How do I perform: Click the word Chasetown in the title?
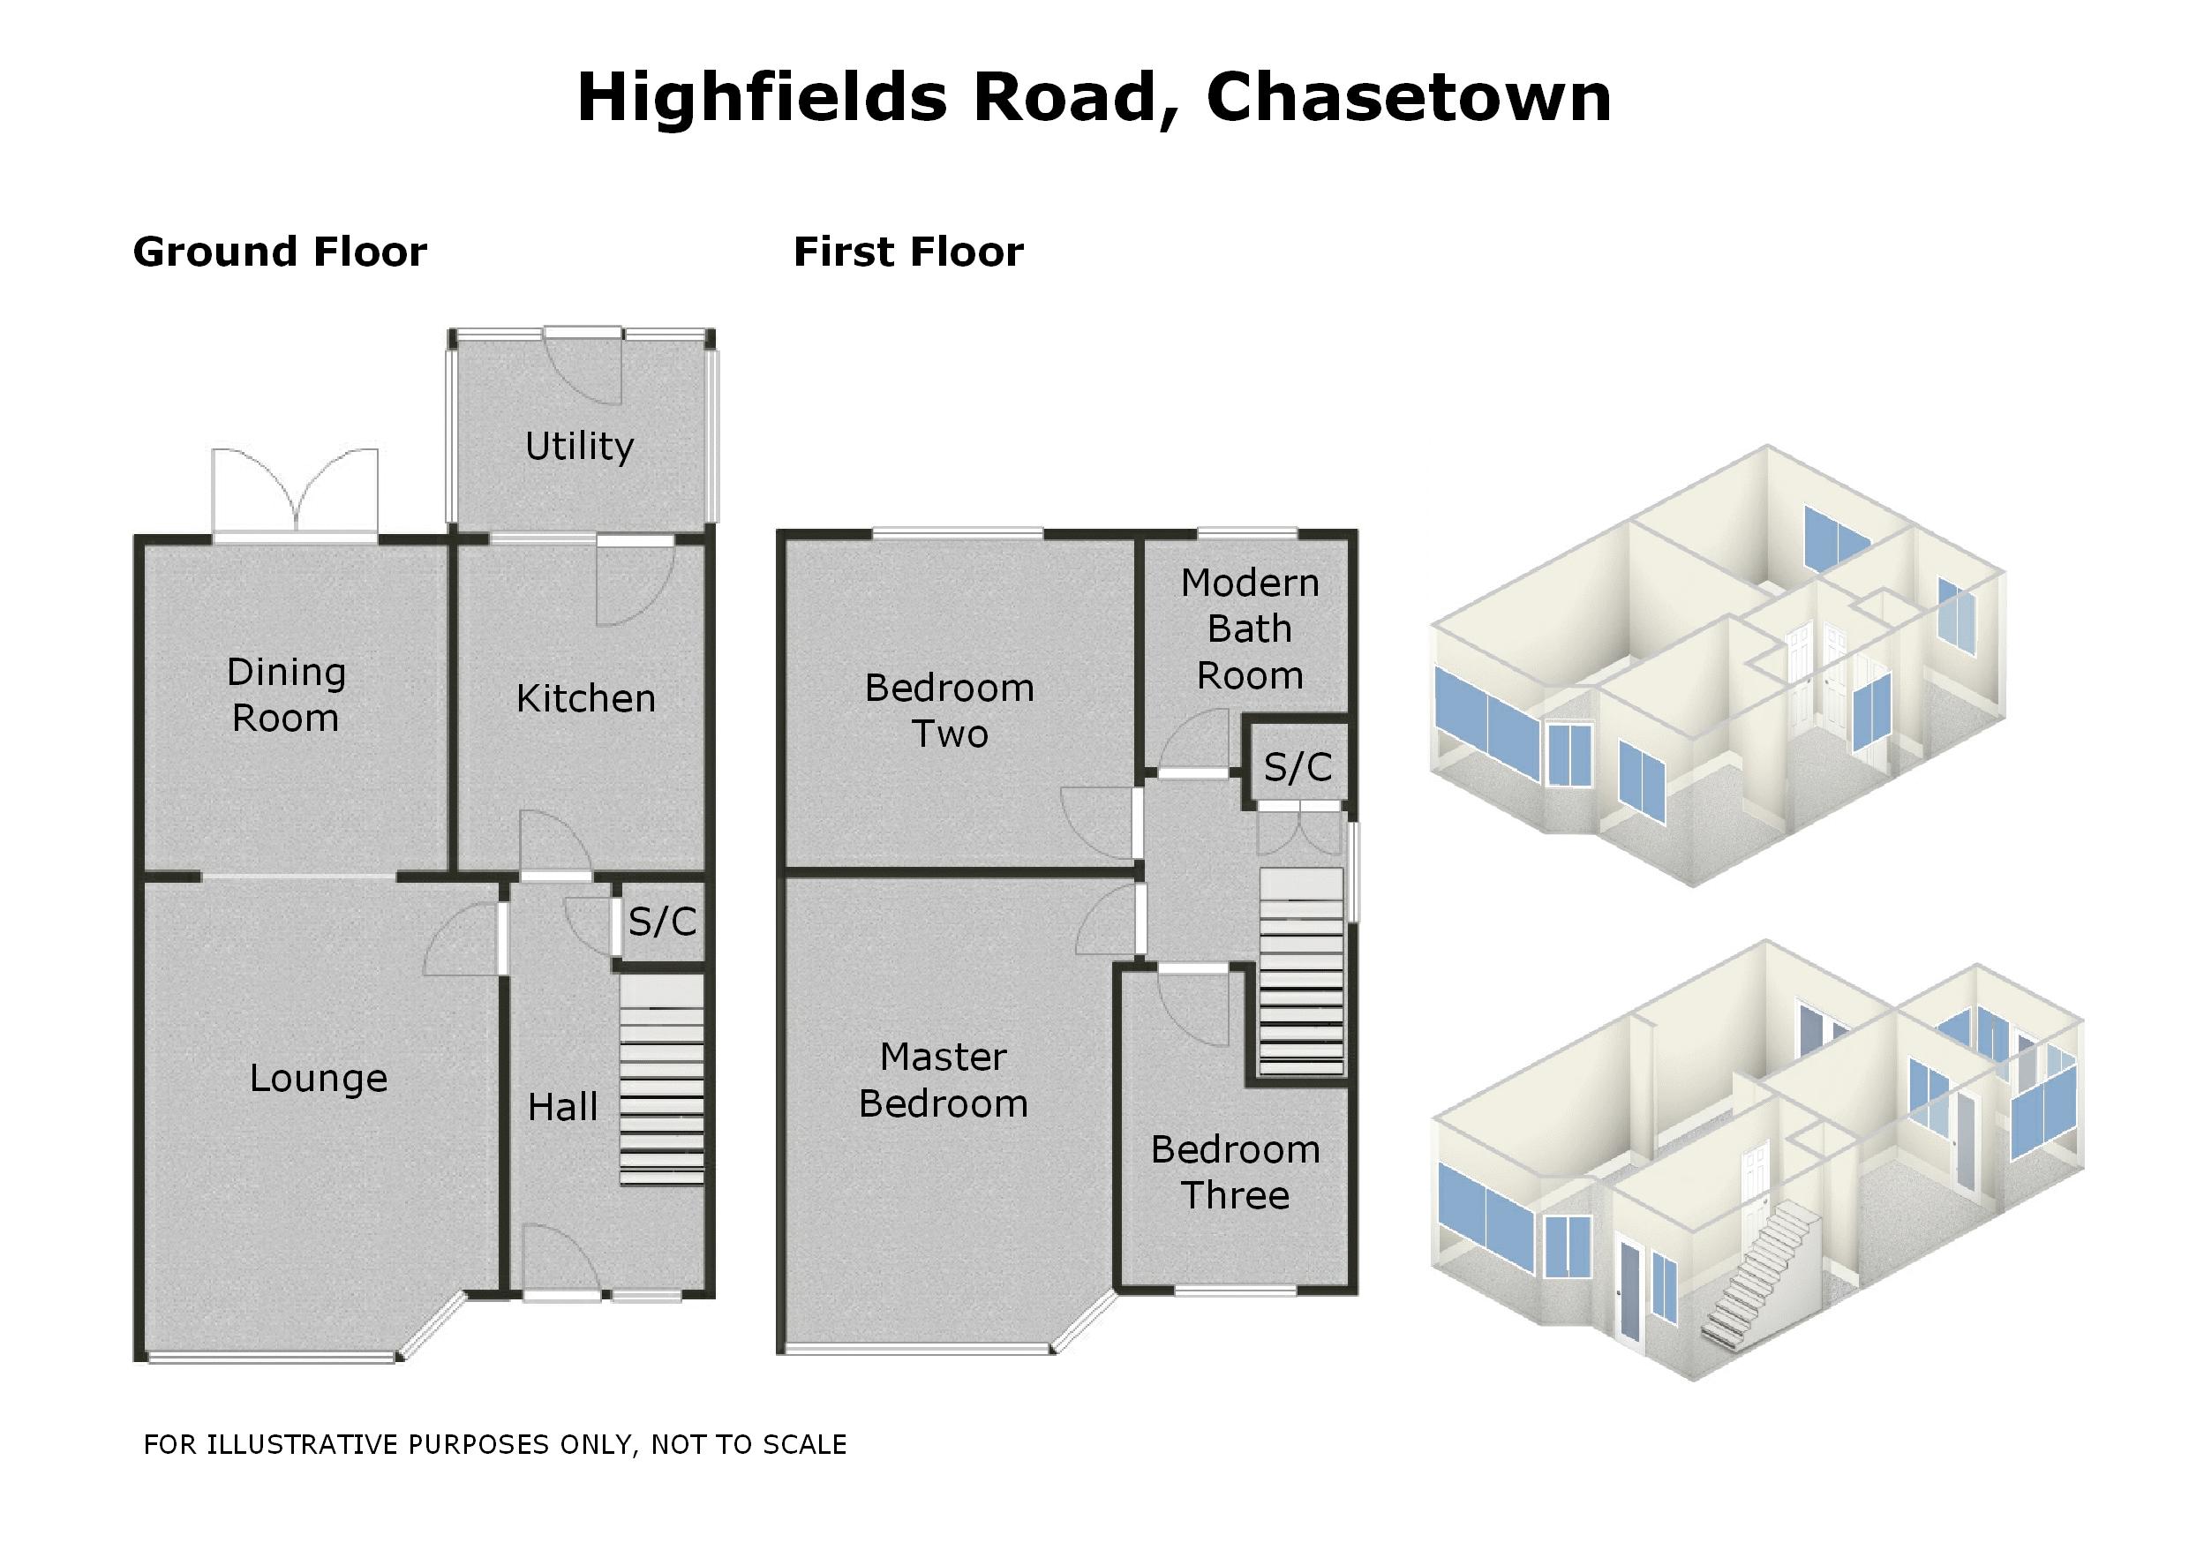coord(1408,98)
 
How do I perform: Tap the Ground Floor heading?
coord(279,252)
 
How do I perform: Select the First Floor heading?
coord(907,252)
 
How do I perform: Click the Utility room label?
coord(580,447)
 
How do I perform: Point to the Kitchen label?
coord(585,699)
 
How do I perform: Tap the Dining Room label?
coord(286,696)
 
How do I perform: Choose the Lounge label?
coord(319,1079)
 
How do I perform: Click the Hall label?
coord(562,1107)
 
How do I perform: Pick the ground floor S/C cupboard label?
coord(662,922)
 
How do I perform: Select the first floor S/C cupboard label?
coord(1297,768)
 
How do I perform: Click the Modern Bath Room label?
coord(1249,629)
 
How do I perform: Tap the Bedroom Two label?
coord(950,711)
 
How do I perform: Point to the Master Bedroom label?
coord(943,1080)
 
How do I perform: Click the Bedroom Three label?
coord(1236,1173)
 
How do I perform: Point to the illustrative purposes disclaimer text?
coord(495,1445)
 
